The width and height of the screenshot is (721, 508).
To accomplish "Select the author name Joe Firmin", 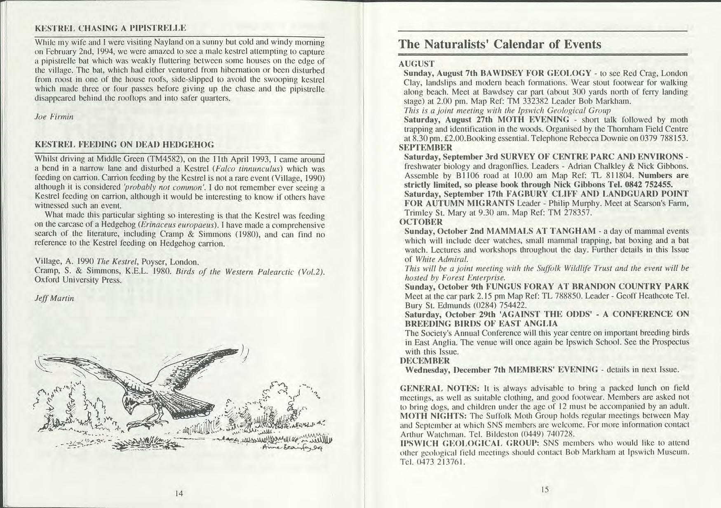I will pos(54,117).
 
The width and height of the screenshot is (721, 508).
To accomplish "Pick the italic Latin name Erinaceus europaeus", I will pos(178,226).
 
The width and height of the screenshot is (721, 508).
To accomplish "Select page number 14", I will pos(179,493).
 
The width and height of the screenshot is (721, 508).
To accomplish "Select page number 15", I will pos(545,489).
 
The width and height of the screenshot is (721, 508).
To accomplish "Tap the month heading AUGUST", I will pos(416,64).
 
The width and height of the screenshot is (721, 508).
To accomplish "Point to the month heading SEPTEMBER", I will pos(426,148).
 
